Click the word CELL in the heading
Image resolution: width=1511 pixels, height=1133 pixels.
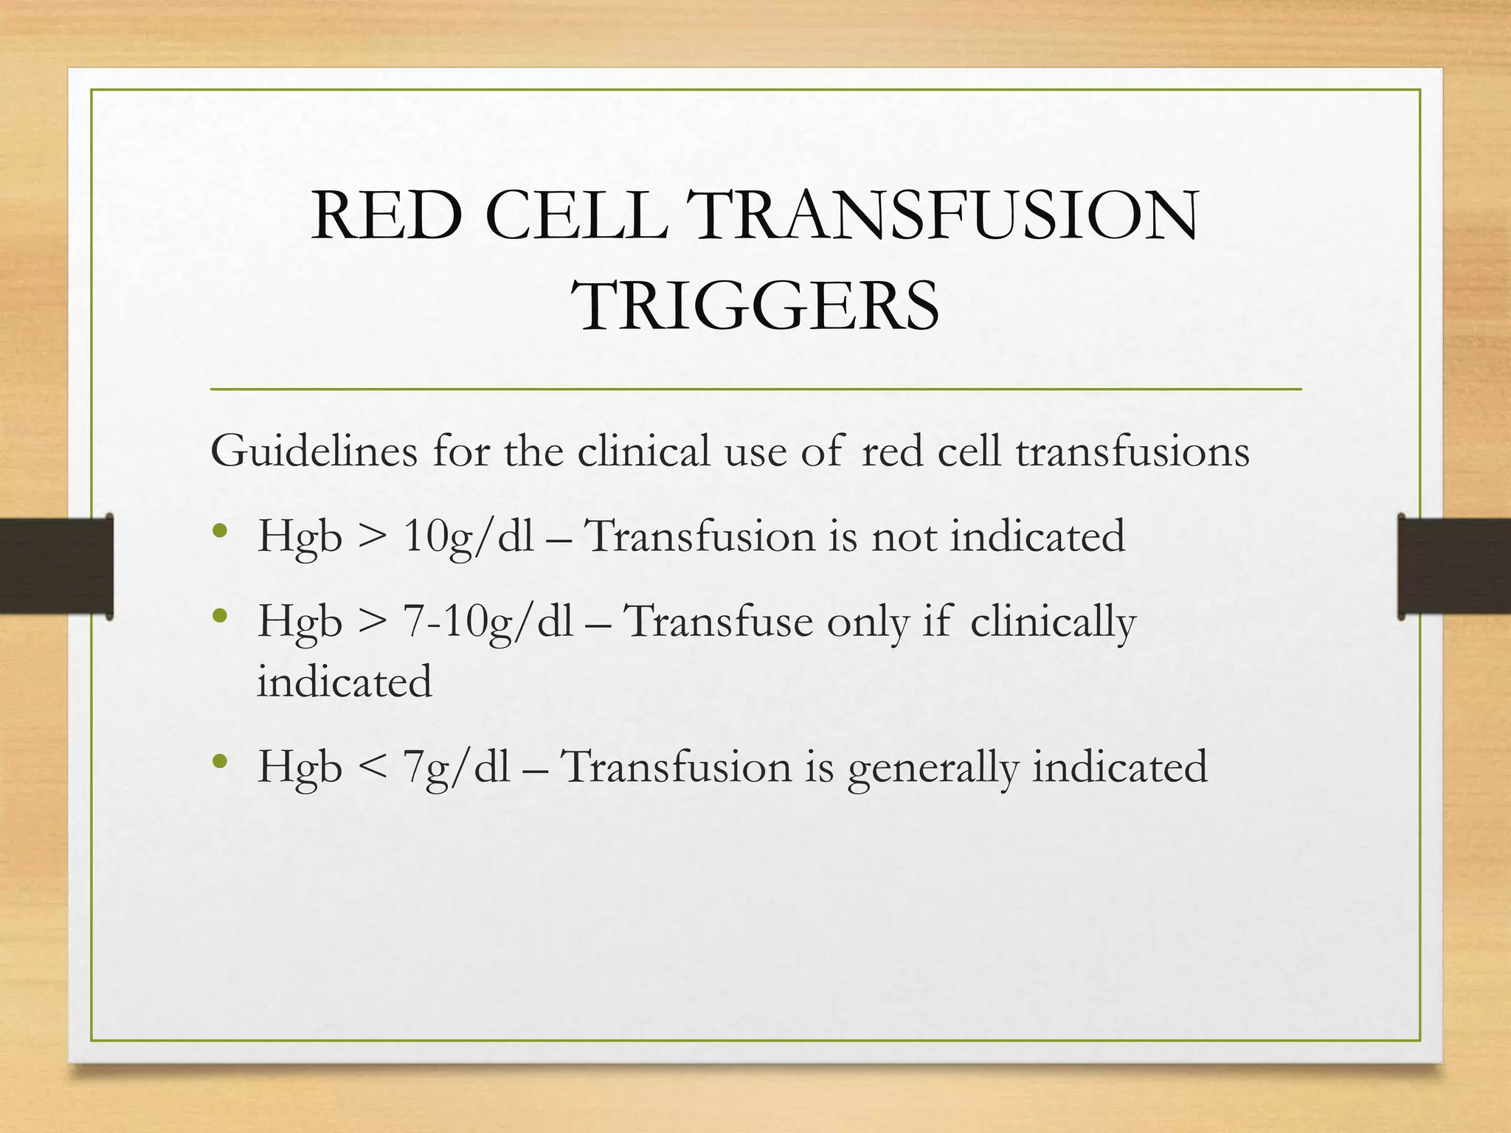(x=576, y=216)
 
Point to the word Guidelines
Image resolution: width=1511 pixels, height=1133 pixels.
(x=314, y=451)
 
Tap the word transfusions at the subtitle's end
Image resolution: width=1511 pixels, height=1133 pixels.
(x=1133, y=450)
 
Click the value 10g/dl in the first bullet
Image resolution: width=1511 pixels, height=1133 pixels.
(x=468, y=537)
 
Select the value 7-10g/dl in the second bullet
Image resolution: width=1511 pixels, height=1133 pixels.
(x=488, y=622)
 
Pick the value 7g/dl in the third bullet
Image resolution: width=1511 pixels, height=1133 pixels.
(x=457, y=768)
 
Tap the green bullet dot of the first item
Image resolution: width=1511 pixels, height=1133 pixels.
(x=218, y=530)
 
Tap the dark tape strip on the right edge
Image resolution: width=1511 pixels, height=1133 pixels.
(x=1454, y=566)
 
